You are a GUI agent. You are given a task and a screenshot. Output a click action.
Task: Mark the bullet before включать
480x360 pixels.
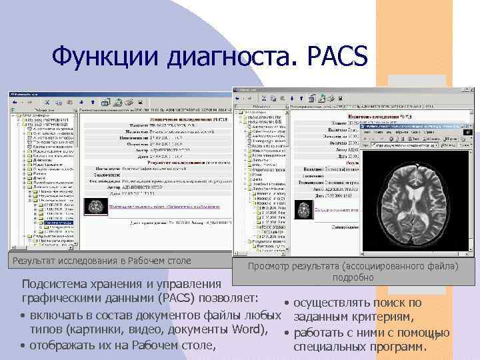point(23,315)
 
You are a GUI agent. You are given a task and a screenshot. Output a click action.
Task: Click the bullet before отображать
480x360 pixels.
point(23,345)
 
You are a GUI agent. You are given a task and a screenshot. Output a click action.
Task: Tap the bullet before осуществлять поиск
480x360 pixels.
point(286,304)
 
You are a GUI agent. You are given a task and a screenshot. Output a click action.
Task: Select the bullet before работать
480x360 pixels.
point(286,333)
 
